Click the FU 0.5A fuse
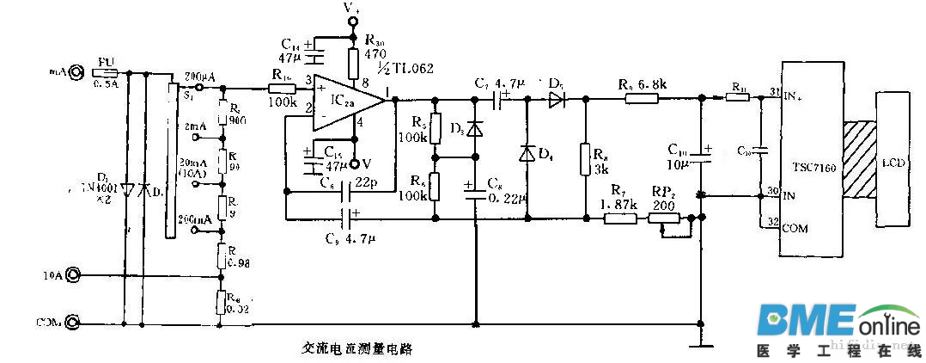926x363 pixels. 106,74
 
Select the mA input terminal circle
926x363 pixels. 75,73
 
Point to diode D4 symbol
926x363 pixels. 527,154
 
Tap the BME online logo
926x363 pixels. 838,323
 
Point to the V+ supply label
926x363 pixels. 351,9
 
